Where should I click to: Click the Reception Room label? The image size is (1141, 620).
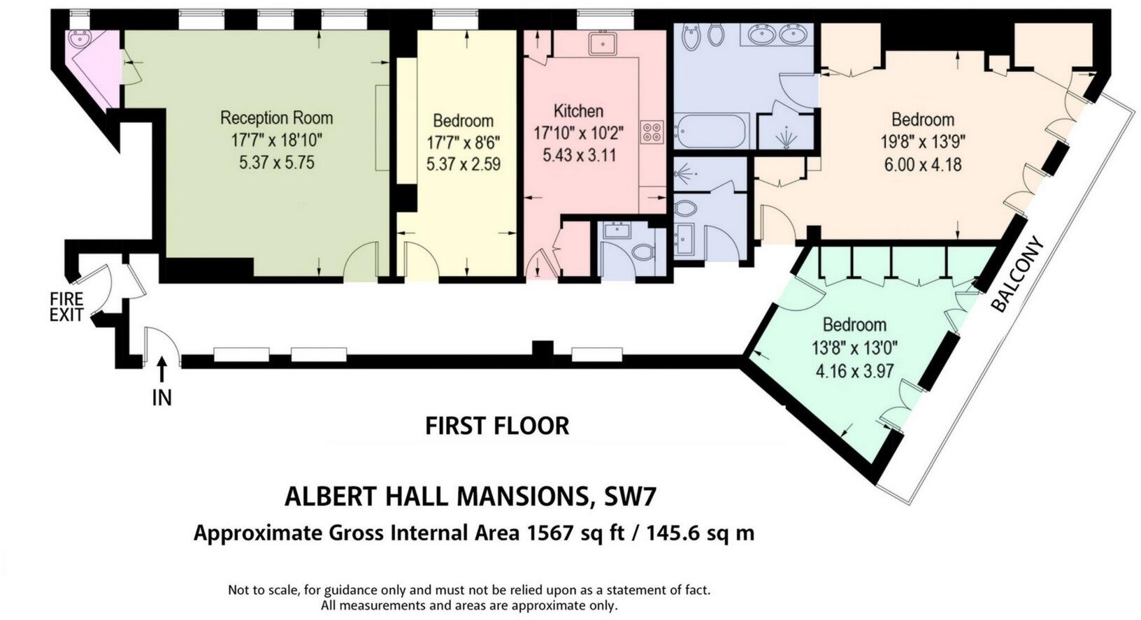coord(276,117)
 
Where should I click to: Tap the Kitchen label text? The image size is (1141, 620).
coord(578,111)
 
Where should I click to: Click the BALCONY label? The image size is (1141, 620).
coord(1017,275)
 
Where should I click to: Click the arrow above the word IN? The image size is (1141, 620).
coord(162,368)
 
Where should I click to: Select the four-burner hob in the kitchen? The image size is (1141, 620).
coord(652,132)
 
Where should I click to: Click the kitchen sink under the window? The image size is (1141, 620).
coord(601,43)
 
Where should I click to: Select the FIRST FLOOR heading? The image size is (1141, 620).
coord(497,426)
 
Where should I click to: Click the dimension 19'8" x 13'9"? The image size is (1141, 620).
coord(922,143)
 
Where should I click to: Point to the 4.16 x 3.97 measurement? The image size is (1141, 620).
coord(854,371)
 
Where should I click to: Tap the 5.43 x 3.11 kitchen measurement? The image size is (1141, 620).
coord(579,155)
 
